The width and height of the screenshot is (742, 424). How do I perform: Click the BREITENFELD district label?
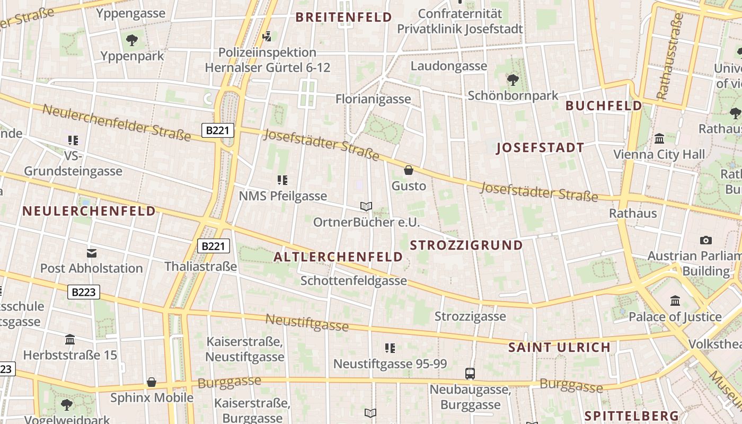[x=343, y=17]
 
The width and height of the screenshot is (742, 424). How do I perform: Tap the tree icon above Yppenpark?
[x=131, y=39]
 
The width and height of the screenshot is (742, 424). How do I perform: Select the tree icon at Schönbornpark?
[x=513, y=79]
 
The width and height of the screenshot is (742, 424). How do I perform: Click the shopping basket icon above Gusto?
[x=408, y=170]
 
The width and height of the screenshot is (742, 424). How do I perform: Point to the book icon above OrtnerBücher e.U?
[x=366, y=206]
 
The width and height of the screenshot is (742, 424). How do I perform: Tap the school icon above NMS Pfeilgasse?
[x=282, y=180]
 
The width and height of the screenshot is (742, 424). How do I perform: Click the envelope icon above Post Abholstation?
[x=92, y=253]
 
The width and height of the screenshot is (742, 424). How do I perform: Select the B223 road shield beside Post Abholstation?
[x=84, y=292]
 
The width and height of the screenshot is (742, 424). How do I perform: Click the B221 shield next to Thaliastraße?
[x=214, y=246]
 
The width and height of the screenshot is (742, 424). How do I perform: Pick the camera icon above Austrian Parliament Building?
[x=705, y=240]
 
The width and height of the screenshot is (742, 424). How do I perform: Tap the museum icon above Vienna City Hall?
[x=660, y=139]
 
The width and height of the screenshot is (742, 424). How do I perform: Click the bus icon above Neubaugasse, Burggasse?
[x=470, y=373]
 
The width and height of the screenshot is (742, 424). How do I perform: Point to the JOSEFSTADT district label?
[x=540, y=148]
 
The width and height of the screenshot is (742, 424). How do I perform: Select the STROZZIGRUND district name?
[x=466, y=245]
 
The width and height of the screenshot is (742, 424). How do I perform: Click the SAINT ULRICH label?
[x=559, y=348]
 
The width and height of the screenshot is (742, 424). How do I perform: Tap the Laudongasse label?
[x=448, y=66]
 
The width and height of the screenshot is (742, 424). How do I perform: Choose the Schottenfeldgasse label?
[x=354, y=281]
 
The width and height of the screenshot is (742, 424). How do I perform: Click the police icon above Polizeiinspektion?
[x=268, y=37]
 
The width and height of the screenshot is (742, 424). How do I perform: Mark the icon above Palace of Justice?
[x=675, y=301]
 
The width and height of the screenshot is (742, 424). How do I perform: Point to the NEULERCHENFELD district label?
[x=89, y=211]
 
